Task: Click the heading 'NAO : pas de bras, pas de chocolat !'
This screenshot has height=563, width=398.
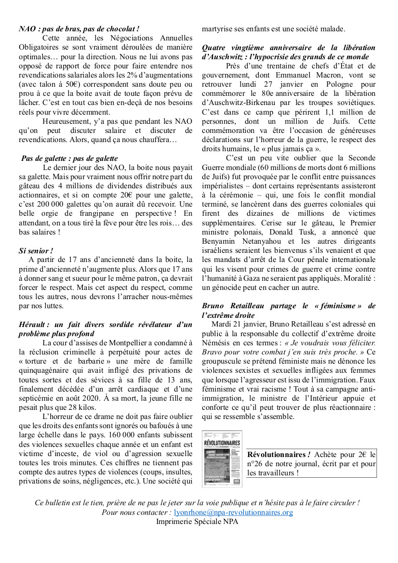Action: [x=79, y=29]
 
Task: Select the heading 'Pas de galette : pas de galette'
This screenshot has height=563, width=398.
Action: [x=69, y=158]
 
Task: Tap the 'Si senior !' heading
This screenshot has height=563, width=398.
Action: [x=36, y=251]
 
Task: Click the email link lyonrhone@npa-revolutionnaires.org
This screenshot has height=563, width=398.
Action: [x=233, y=512]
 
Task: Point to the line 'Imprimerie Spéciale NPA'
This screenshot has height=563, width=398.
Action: [x=197, y=522]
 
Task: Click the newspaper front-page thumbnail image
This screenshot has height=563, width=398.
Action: [x=222, y=458]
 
